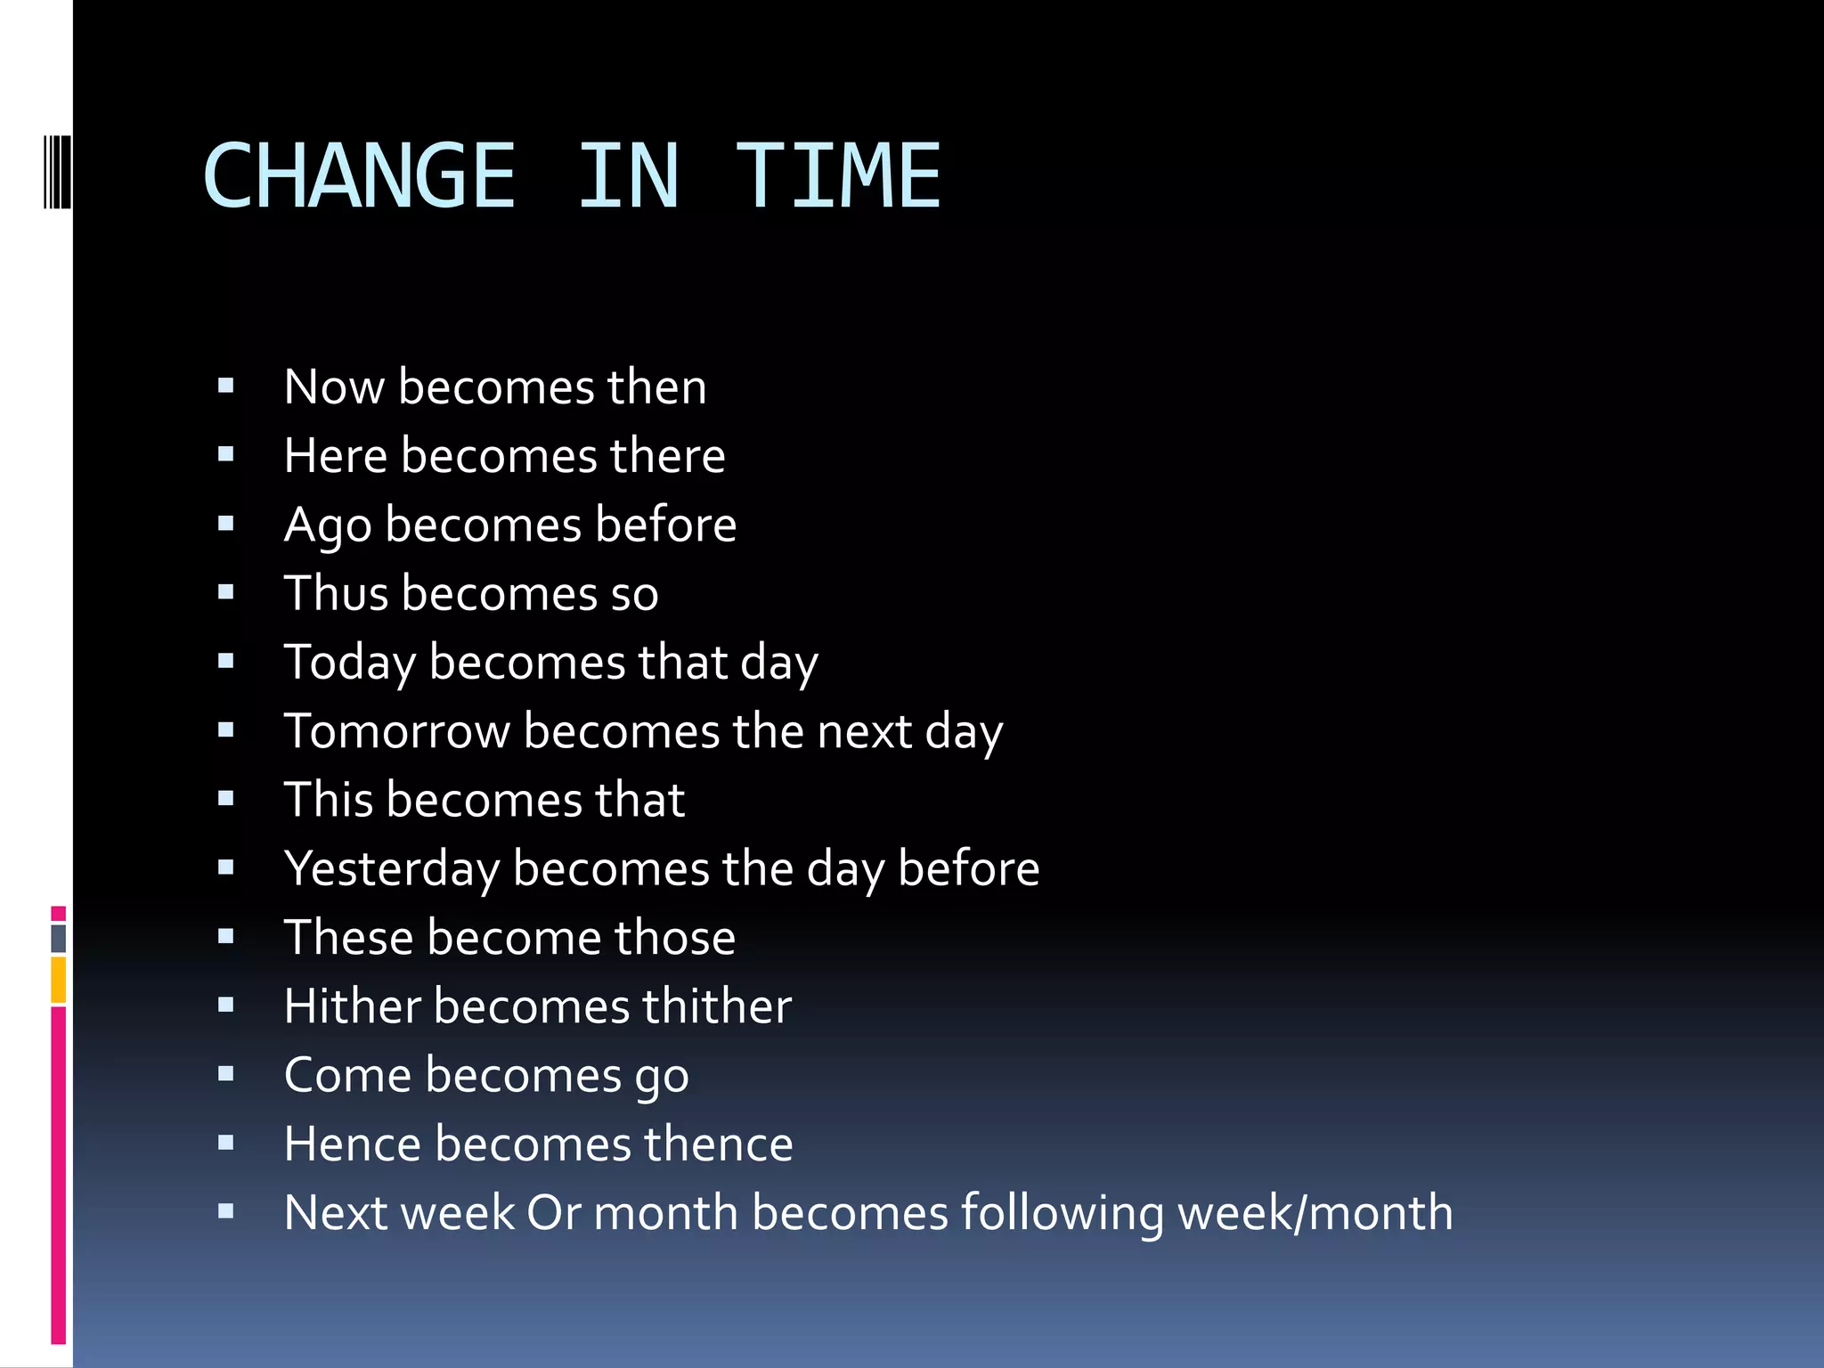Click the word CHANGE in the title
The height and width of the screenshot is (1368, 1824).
pos(359,176)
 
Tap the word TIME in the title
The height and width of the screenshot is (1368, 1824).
pos(838,176)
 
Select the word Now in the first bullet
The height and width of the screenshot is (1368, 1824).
pos(334,387)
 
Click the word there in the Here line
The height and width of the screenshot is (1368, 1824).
pos(667,456)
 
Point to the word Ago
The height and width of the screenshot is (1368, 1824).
pos(327,525)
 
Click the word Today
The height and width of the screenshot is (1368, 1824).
pos(349,664)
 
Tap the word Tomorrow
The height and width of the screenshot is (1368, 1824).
pos(396,732)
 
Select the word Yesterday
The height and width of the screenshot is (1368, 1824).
pos(391,869)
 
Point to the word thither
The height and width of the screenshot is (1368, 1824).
pos(716,1006)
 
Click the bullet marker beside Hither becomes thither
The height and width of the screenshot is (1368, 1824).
pos(225,1006)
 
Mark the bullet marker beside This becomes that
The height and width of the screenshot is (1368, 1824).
pos(225,799)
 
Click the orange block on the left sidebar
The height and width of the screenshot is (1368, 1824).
pos(59,980)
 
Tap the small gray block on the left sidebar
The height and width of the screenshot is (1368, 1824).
pos(59,938)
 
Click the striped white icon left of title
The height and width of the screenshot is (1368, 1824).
pos(57,171)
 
